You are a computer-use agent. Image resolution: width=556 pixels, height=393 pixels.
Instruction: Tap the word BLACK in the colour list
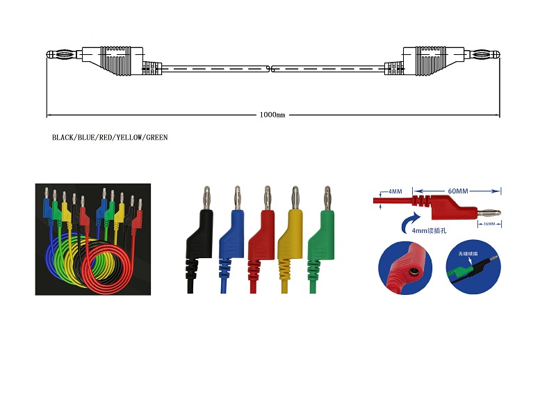point(63,138)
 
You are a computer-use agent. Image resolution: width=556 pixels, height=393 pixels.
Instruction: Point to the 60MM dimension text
point(457,189)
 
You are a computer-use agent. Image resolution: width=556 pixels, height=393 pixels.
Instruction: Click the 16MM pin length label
point(489,224)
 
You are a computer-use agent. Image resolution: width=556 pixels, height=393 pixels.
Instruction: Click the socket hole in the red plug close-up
point(411,269)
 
